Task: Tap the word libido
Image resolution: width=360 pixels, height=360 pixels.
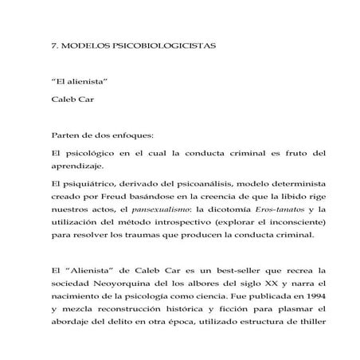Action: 278,200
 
